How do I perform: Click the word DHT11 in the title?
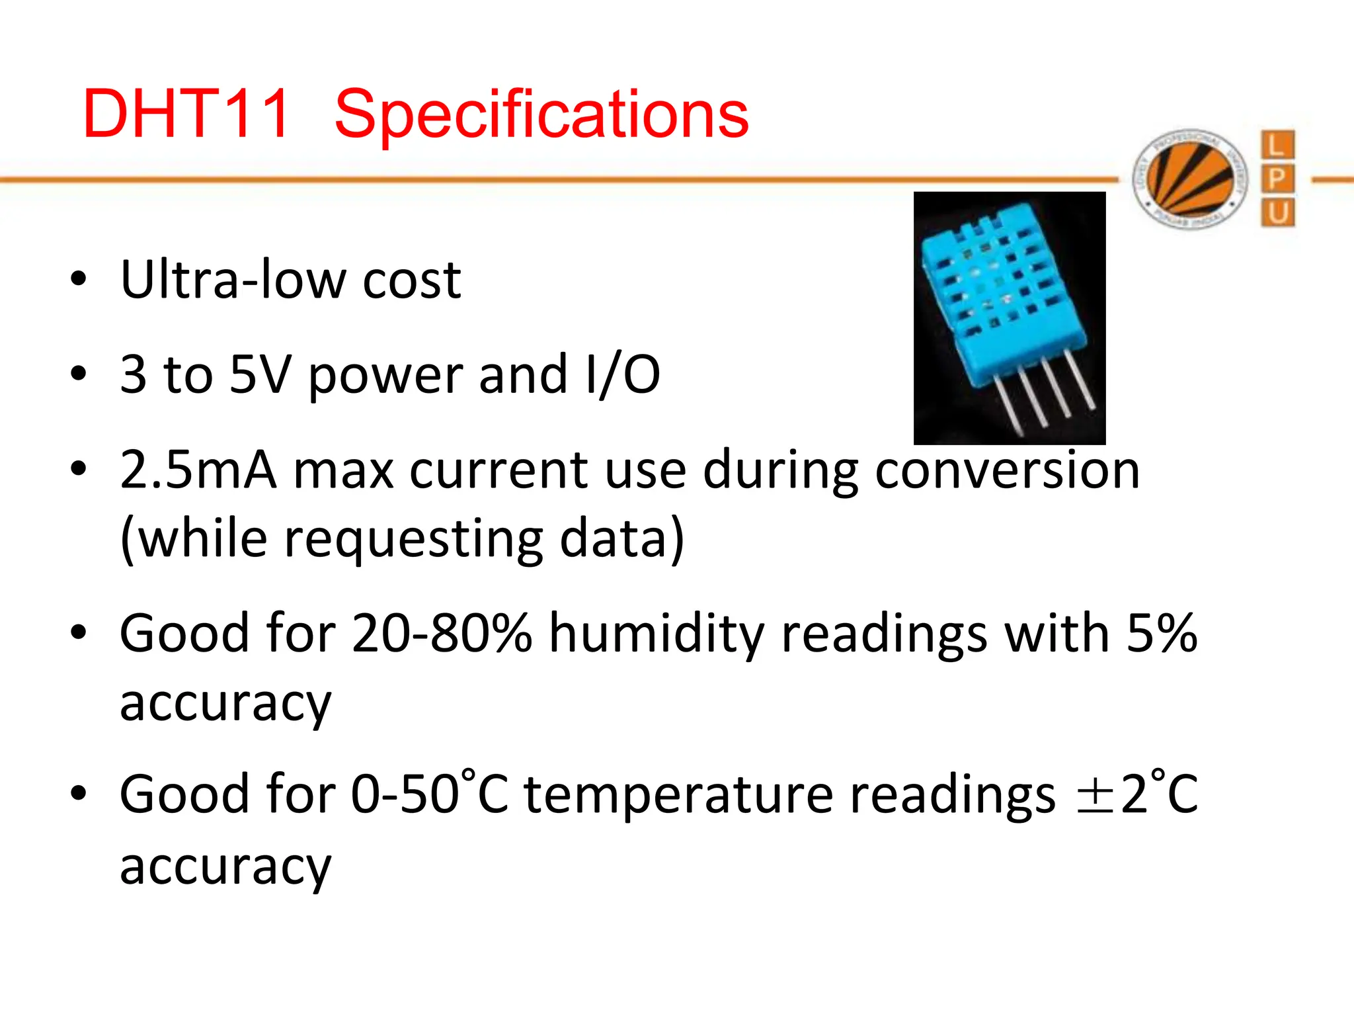186,114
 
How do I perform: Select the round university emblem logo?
1190,179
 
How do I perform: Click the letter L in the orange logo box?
1277,145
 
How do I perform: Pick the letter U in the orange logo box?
1277,213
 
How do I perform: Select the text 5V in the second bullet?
260,374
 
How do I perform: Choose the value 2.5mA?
198,470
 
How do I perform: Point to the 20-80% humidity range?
442,633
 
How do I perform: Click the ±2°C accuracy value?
1136,794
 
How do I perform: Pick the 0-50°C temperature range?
430,794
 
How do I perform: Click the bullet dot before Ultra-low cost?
79,279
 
